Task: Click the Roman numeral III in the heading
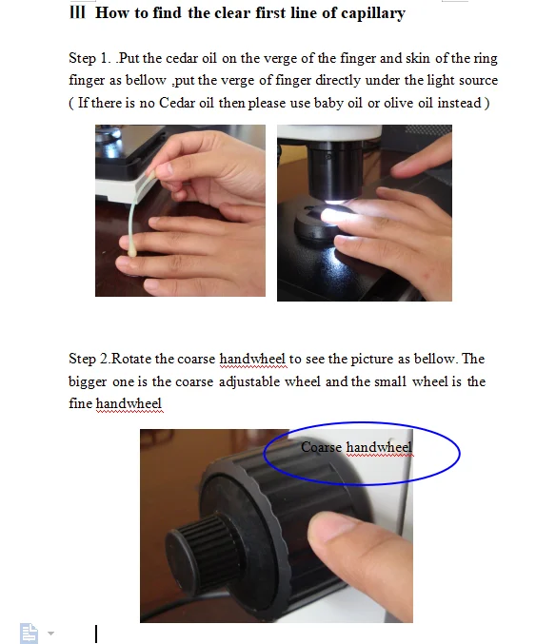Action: pyautogui.click(x=79, y=13)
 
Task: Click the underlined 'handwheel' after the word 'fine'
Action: pyautogui.click(x=129, y=403)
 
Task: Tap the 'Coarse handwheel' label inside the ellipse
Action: pyautogui.click(x=357, y=448)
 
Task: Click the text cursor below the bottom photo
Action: pyautogui.click(x=96, y=633)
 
